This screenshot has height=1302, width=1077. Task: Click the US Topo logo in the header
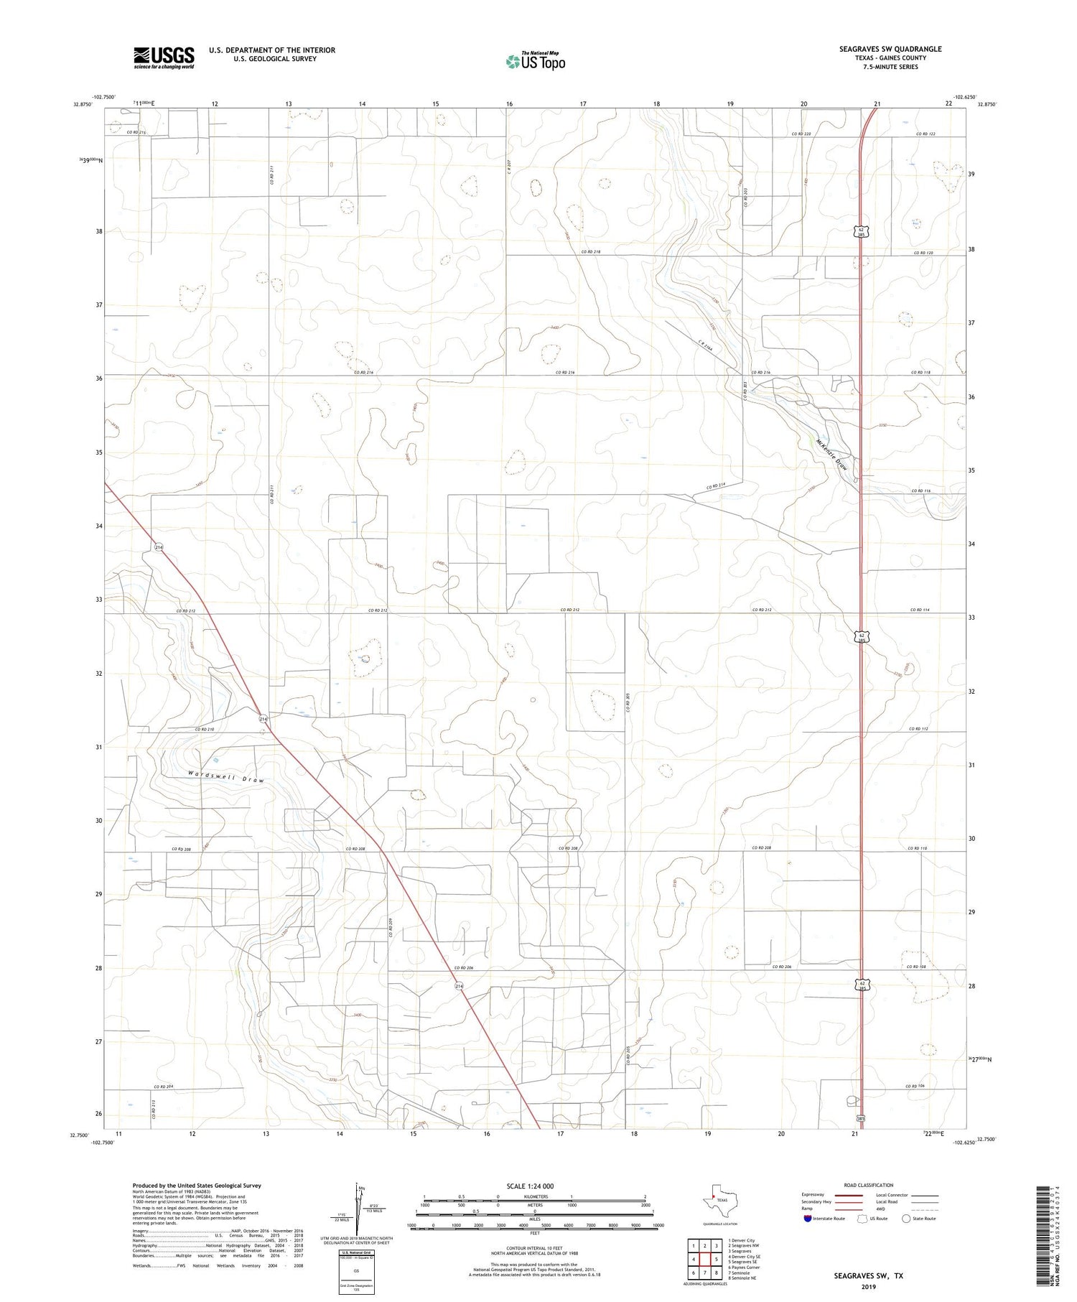click(535, 62)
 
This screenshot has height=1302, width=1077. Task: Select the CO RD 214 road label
click(721, 488)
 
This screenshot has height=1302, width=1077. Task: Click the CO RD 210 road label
click(205, 730)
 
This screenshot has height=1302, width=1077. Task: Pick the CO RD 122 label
click(926, 134)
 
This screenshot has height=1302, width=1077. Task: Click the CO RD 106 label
click(915, 1086)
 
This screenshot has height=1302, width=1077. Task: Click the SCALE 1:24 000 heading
click(535, 1186)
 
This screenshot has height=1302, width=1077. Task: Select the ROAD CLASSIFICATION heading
click(869, 1185)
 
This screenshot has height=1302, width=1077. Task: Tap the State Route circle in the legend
click(906, 1219)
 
